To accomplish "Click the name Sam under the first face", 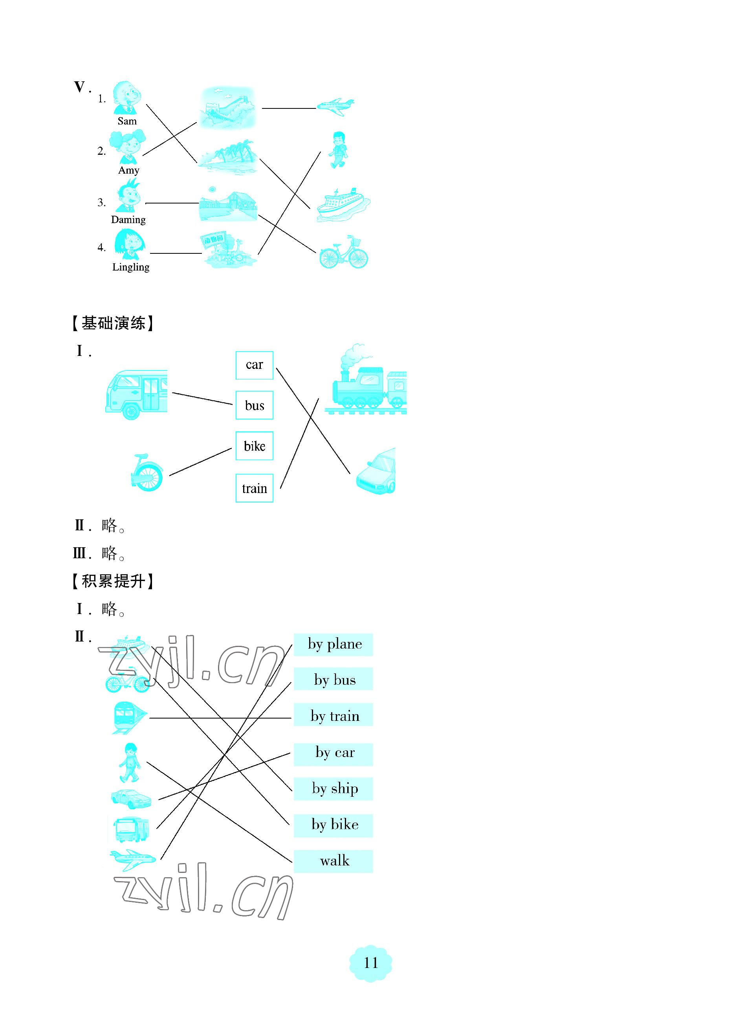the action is tap(127, 121).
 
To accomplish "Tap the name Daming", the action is tap(128, 220).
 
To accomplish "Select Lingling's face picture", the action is tap(129, 244).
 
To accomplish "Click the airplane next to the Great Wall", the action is tap(335, 106).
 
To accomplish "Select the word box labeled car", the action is tap(254, 365).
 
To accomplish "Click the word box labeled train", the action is tap(254, 488).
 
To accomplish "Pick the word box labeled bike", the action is tap(254, 446).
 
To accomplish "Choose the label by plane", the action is tap(333, 644).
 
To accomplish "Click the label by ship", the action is tap(333, 788).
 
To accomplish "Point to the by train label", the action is tap(333, 716).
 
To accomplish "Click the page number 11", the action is tap(370, 962).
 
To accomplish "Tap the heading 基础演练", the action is tap(113, 323).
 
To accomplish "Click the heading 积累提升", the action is tap(113, 581).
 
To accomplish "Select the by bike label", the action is tap(333, 825).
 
